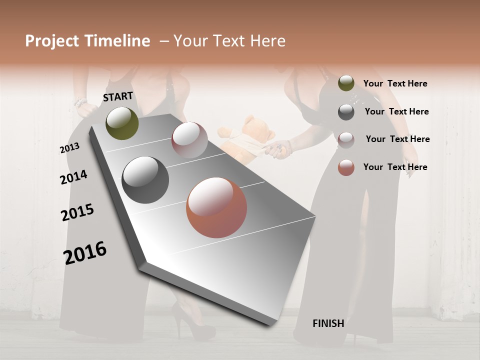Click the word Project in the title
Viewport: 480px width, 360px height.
52,41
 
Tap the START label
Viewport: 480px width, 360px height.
118,96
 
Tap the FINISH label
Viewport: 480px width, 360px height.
328,323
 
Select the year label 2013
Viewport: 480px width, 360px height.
69,148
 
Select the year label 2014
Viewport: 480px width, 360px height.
73,177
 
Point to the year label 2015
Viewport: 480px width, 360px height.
77,212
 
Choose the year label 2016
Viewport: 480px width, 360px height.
85,252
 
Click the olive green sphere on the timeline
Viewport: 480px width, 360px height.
122,123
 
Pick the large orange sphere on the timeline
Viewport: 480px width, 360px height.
216,207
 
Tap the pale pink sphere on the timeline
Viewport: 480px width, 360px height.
189,140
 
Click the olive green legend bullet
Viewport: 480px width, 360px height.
346,83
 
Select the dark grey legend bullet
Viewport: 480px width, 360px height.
346,112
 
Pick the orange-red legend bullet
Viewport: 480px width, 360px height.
346,167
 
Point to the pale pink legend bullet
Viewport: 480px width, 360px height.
346,139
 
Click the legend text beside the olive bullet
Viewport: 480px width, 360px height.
395,84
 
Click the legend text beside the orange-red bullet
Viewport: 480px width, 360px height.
395,167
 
